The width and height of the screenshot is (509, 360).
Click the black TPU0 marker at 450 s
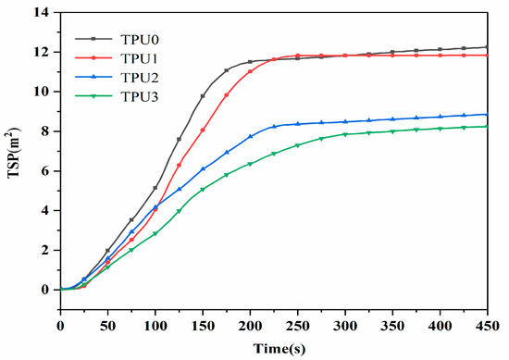pos(487,47)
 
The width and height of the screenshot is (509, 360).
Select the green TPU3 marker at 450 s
pos(487,127)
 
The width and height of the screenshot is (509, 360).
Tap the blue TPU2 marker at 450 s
pos(487,115)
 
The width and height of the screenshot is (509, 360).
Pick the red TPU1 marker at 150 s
pos(203,130)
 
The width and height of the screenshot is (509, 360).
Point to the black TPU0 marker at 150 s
pos(203,96)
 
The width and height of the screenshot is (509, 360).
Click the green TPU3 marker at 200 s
pos(250,164)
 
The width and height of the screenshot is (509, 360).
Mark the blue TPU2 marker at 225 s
pos(274,126)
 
